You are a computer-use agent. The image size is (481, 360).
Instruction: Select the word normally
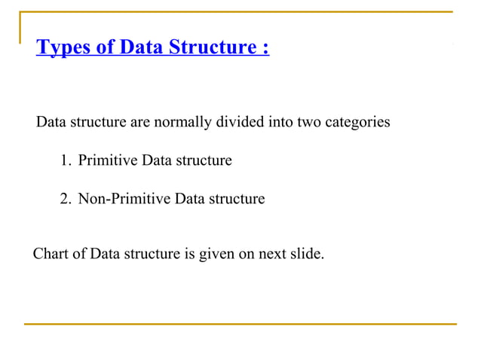(x=181, y=122)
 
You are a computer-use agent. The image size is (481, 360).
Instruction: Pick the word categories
(x=357, y=122)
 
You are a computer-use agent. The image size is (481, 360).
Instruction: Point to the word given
(x=216, y=254)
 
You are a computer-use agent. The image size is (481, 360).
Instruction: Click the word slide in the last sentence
(x=308, y=254)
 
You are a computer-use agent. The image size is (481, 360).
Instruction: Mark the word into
(x=280, y=122)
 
